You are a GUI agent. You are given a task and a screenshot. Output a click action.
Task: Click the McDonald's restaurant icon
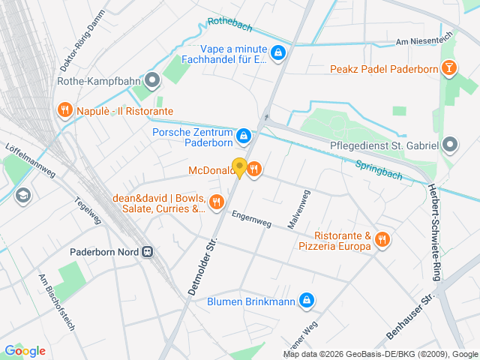(x=254, y=169)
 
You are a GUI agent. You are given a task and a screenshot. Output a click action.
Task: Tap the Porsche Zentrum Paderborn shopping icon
(x=243, y=136)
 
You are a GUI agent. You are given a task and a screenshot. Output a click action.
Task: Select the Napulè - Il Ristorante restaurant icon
(x=64, y=111)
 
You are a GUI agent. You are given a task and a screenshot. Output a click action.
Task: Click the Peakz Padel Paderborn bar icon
(x=448, y=69)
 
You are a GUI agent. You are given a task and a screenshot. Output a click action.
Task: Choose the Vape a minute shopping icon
(x=278, y=53)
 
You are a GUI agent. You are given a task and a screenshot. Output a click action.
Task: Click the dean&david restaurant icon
(x=217, y=201)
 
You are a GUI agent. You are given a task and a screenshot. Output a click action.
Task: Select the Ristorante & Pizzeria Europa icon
(x=382, y=239)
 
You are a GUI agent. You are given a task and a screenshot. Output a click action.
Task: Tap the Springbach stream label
(x=379, y=170)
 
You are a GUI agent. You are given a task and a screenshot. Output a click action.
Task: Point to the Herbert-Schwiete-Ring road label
(x=433, y=232)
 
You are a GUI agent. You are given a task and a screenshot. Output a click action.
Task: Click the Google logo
(x=25, y=350)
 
